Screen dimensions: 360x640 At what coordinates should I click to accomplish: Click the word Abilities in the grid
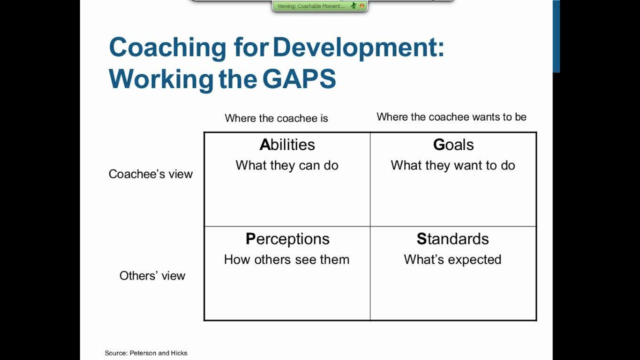coord(287,145)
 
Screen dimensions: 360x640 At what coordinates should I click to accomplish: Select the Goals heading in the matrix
coord(453,145)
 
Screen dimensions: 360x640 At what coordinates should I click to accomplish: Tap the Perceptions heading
coord(287,239)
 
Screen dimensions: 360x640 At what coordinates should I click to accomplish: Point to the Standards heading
coord(452,239)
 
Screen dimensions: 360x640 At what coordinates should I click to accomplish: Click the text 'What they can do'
coord(287,165)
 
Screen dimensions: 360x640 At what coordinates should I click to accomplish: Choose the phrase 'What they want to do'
coord(453,165)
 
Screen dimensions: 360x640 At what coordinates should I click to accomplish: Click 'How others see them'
coord(286,259)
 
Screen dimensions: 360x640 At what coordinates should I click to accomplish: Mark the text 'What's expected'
coord(452,259)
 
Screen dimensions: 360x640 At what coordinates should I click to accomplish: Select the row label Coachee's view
coord(150,174)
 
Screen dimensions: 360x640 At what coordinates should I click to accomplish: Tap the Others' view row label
coord(152,275)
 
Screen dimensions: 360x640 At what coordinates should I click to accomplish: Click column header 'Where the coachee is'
coord(276,118)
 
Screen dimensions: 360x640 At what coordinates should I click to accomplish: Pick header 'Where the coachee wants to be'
coord(451,117)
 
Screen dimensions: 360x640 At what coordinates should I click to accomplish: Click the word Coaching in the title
coord(167,48)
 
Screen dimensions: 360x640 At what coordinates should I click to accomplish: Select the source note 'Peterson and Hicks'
coord(158,353)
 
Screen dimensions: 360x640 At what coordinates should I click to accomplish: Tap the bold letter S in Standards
coord(421,239)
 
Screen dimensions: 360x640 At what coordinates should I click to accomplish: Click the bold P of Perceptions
coord(250,239)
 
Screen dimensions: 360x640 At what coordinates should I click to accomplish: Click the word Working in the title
coord(161,78)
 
